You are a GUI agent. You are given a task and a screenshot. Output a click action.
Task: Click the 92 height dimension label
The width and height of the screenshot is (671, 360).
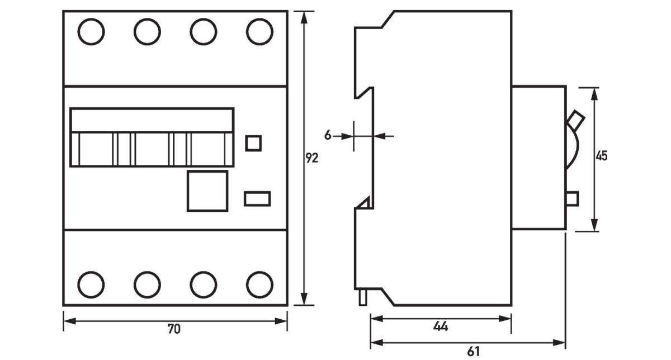pos(311,158)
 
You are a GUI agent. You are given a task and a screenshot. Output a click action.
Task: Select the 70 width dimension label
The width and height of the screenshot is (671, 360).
pos(174,329)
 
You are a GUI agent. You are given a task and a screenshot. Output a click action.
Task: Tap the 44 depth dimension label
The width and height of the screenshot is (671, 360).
pos(441,326)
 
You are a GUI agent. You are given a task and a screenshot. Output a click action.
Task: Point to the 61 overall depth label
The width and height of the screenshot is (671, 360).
pos(473,352)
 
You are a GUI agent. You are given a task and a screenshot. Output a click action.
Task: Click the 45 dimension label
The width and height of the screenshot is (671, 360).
pos(601,156)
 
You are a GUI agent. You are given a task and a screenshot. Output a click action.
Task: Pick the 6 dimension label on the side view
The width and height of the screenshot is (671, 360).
pos(328,135)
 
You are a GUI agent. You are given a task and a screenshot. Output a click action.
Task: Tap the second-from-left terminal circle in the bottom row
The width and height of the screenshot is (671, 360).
pos(147,284)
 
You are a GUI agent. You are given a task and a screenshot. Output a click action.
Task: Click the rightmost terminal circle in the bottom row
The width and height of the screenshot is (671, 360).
pos(259,284)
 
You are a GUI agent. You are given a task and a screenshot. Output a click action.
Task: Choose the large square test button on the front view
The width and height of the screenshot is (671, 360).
pos(207,191)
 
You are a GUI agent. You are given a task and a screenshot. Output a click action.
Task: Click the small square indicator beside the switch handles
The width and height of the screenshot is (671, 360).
pos(254,143)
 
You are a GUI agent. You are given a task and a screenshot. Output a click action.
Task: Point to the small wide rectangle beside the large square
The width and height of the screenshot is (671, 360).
pos(257,198)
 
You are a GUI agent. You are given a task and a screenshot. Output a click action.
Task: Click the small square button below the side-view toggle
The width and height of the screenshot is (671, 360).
pos(571,198)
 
